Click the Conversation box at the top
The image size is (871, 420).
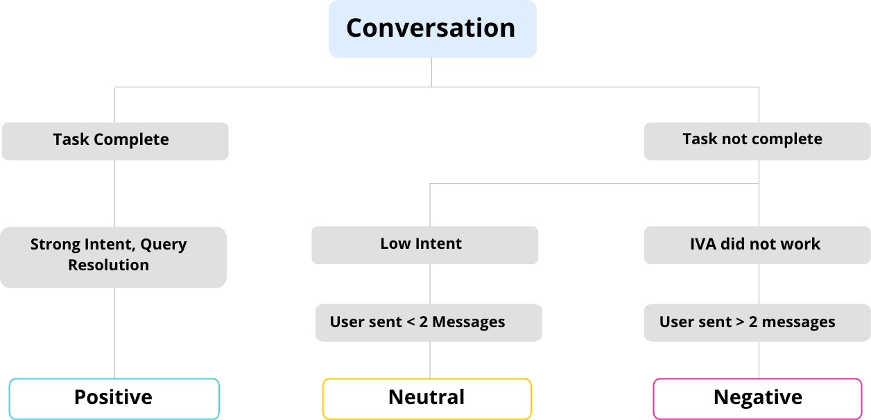pos(431,28)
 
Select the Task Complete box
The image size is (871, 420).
pos(114,141)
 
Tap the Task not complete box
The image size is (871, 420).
pos(757,141)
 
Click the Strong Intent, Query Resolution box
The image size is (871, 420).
pos(113,256)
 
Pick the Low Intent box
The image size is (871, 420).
pos(424,245)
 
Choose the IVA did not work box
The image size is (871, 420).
pos(757,245)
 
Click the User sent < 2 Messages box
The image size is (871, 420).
pos(428,322)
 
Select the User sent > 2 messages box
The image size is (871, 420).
pos(757,322)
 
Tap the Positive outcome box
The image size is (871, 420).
pos(114,398)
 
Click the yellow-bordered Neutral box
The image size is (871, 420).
pos(426,398)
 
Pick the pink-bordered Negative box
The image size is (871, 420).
pos(757,399)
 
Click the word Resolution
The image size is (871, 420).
pos(108,265)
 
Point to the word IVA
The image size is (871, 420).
pos(703,245)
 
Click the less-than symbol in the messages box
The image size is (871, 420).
pos(411,323)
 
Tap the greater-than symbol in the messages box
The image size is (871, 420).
pos(740,323)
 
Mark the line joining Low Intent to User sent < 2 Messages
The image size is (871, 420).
pos(430,283)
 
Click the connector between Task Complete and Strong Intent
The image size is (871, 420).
pos(115,193)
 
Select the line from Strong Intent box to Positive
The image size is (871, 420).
pos(115,333)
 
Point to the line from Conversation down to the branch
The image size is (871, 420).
pos(431,72)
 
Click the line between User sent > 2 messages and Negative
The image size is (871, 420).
pos(759,360)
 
